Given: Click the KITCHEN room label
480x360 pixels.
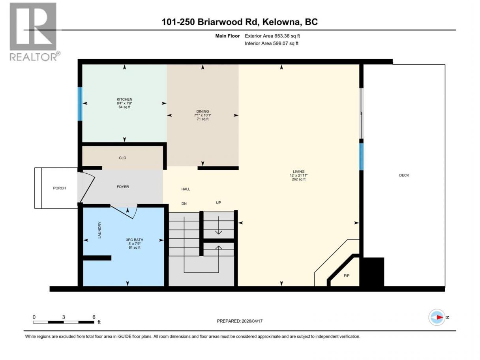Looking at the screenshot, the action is coord(124,99).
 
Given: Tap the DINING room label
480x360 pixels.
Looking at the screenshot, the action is coord(202,111).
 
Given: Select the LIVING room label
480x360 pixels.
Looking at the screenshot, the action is coord(298,172).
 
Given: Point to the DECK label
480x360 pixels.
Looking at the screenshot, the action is coord(404,175).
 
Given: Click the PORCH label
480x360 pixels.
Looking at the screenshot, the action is coord(59,188).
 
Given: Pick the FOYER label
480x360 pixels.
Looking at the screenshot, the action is coord(123,187).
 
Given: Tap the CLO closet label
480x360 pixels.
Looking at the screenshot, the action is coord(122,158).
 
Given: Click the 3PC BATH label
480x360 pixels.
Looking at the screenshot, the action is coord(135,240).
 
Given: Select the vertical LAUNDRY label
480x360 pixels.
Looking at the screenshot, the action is coord(99,230).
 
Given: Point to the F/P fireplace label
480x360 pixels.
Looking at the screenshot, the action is coord(347,276).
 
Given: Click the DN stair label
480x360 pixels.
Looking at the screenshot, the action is coord(184,204).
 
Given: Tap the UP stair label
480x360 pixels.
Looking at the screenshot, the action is coord(218,202).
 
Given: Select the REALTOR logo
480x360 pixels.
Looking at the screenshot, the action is coord(34,32).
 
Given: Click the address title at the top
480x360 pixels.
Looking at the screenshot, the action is coord(240,22).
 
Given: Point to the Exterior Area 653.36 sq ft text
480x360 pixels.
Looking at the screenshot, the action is coord(272,36).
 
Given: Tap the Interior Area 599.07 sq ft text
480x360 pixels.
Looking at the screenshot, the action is coord(271,43).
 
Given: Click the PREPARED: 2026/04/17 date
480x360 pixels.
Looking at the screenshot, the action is coord(240,321).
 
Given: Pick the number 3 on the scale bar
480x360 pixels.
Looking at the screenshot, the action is coord(64,317).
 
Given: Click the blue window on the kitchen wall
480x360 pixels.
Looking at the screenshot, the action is coord(80,104).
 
